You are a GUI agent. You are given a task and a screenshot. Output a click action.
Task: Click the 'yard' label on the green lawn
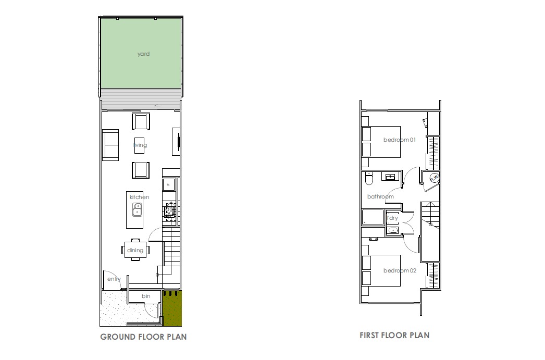tap(143, 54)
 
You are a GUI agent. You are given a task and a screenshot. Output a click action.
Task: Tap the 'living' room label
tap(140, 145)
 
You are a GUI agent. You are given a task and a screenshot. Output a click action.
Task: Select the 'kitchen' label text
tap(140, 197)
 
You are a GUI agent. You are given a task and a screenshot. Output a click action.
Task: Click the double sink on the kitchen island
tap(138, 209)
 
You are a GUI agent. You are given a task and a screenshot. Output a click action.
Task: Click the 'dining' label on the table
tap(135, 250)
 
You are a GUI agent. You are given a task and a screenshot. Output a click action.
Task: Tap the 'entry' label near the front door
tap(114, 279)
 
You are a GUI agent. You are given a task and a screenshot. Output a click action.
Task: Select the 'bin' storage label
tap(146, 296)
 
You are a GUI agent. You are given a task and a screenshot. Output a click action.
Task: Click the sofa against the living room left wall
tap(110, 145)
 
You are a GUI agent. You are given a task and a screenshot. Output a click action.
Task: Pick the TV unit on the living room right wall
tap(176, 142)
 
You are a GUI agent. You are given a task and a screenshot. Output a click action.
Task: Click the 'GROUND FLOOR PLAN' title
tap(143, 337)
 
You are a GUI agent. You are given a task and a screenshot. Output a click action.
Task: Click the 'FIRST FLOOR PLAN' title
tap(394, 336)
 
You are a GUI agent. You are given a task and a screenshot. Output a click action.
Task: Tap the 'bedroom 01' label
tap(399, 140)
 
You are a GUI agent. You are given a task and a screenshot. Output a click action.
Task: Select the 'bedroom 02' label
tap(400, 270)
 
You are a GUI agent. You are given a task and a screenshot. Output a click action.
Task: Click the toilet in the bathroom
tap(369, 178)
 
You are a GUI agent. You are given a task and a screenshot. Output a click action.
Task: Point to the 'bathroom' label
tap(380, 196)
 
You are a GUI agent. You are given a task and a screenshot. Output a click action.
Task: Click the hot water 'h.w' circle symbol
tap(434, 178)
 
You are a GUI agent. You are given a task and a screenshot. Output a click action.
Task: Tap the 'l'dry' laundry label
tap(392, 218)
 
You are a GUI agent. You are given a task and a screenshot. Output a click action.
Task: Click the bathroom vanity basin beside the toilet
tap(390, 177)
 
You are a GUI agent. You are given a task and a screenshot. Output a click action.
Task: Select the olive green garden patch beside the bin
tap(172, 308)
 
